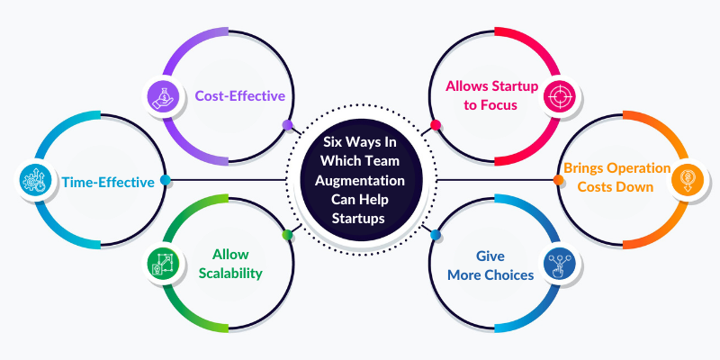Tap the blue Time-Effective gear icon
coord(33,180)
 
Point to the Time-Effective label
coord(108,181)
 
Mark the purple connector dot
coord(287,125)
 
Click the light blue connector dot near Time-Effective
coord(166,180)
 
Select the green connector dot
coord(287,235)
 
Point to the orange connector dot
coord(558,180)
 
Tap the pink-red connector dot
coord(436,125)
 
